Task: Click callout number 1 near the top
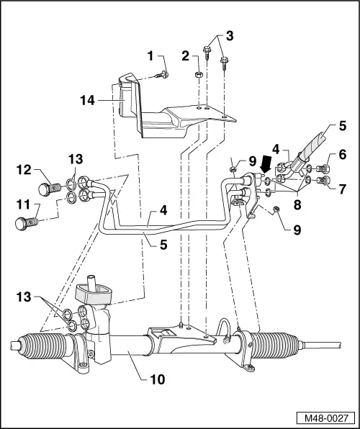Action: coord(150,55)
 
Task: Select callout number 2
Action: coord(185,55)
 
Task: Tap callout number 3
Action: coord(229,36)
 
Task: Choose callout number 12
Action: coord(23,171)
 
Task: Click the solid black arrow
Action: coord(265,164)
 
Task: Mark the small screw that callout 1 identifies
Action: coord(165,73)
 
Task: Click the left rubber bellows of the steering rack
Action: coord(37,348)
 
